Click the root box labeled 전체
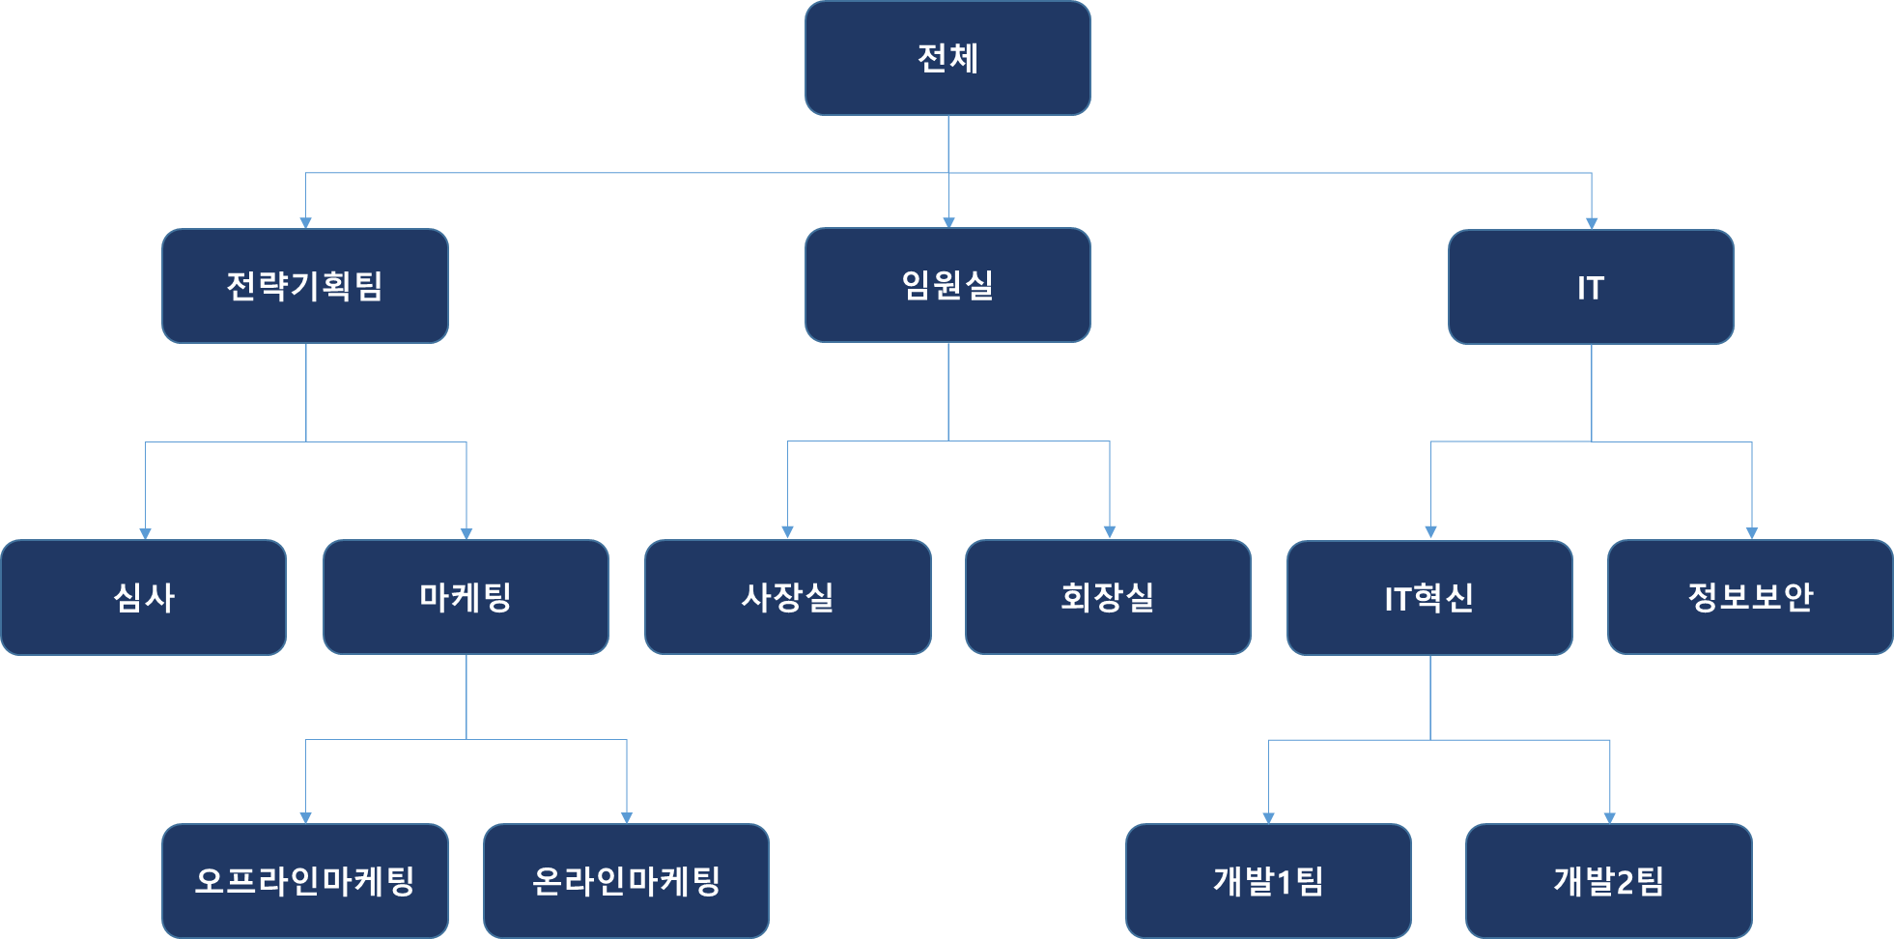pos(947,58)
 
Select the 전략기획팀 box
pos(305,286)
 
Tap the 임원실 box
pos(947,285)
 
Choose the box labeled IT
pos(1591,287)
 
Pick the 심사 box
pos(144,597)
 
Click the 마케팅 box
pos(466,597)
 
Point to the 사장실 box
pos(787,597)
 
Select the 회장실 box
pos(1108,597)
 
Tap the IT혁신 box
pos(1429,598)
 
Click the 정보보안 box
pos(1750,597)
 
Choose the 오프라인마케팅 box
pos(305,881)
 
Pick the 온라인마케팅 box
pos(626,881)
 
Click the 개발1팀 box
pos(1268,881)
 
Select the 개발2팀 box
pos(1608,881)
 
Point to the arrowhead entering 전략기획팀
pos(305,223)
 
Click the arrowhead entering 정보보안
pos(1752,533)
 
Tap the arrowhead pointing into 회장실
pos(1110,532)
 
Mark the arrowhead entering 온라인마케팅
pos(627,818)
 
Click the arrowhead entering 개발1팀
pos(1268,818)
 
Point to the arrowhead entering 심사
pos(145,533)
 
